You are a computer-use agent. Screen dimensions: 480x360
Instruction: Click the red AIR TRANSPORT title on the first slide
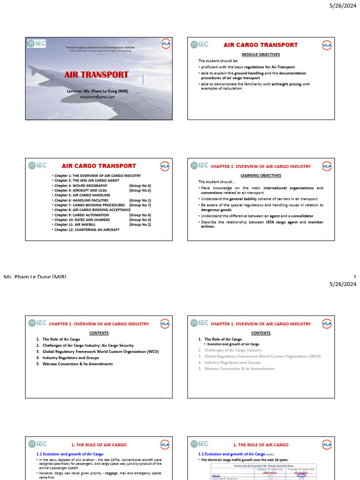[96, 75]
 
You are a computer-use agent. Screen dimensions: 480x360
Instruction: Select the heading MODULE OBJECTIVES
[261, 54]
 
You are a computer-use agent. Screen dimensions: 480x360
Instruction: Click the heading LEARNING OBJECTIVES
[261, 175]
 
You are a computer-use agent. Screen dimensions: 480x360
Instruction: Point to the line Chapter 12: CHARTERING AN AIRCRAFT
[87, 230]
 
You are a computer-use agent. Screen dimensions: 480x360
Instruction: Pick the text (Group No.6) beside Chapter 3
[140, 186]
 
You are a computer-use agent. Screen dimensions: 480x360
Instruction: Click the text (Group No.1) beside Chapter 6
[140, 200]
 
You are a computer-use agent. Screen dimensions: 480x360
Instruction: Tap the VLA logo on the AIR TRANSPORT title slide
[165, 43]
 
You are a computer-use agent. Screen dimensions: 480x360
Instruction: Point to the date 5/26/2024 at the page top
[343, 5]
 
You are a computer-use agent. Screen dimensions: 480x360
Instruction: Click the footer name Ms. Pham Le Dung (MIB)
[35, 277]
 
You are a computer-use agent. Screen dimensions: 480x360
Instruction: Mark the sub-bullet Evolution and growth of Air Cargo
[233, 344]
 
